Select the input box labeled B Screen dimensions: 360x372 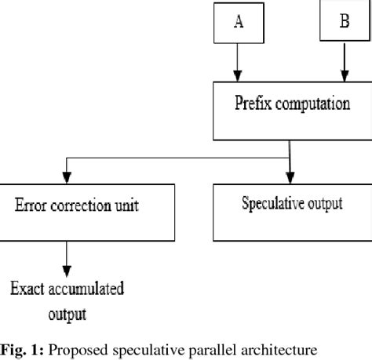pos(343,22)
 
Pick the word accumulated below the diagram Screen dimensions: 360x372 pos(88,289)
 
